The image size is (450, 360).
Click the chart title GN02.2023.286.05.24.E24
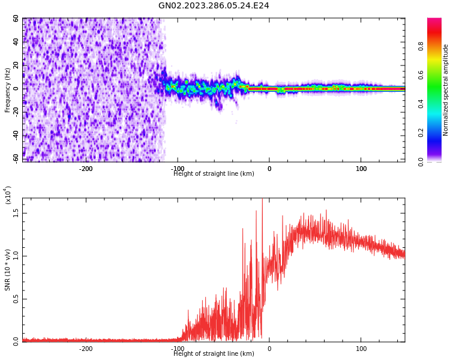[214, 6]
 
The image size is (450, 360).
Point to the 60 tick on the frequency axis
[16, 19]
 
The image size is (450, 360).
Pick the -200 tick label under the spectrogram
[86, 169]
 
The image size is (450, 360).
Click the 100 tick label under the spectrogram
[361, 169]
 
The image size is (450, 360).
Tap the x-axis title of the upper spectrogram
[214, 174]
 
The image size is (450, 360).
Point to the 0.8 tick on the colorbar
[421, 46]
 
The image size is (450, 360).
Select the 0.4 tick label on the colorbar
[421, 104]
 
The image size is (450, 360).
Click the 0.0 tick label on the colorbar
[421, 161]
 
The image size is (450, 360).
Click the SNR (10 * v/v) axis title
[8, 270]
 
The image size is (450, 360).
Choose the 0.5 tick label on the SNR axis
[16, 299]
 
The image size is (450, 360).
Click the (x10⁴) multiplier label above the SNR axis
[8, 195]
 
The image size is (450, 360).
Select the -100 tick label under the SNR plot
[177, 349]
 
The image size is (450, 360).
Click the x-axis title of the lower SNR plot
[214, 354]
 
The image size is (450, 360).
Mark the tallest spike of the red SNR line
[262, 200]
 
